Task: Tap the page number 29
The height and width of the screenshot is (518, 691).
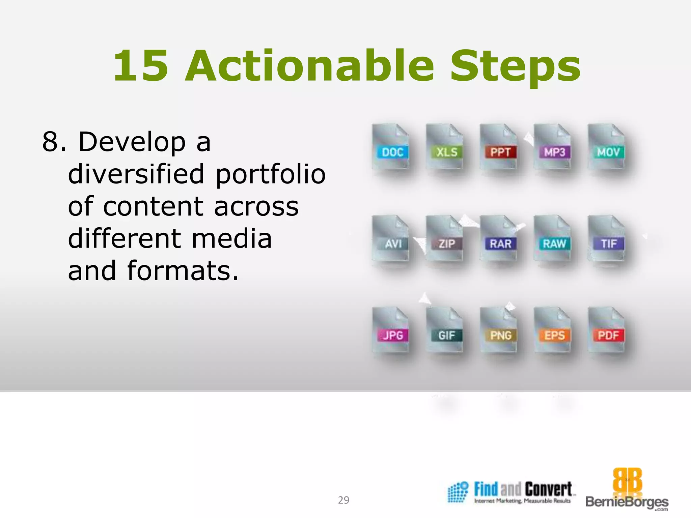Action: [x=343, y=500]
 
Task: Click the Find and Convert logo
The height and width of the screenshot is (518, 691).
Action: [x=512, y=492]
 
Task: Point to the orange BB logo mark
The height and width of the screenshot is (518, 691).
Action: [x=627, y=480]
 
